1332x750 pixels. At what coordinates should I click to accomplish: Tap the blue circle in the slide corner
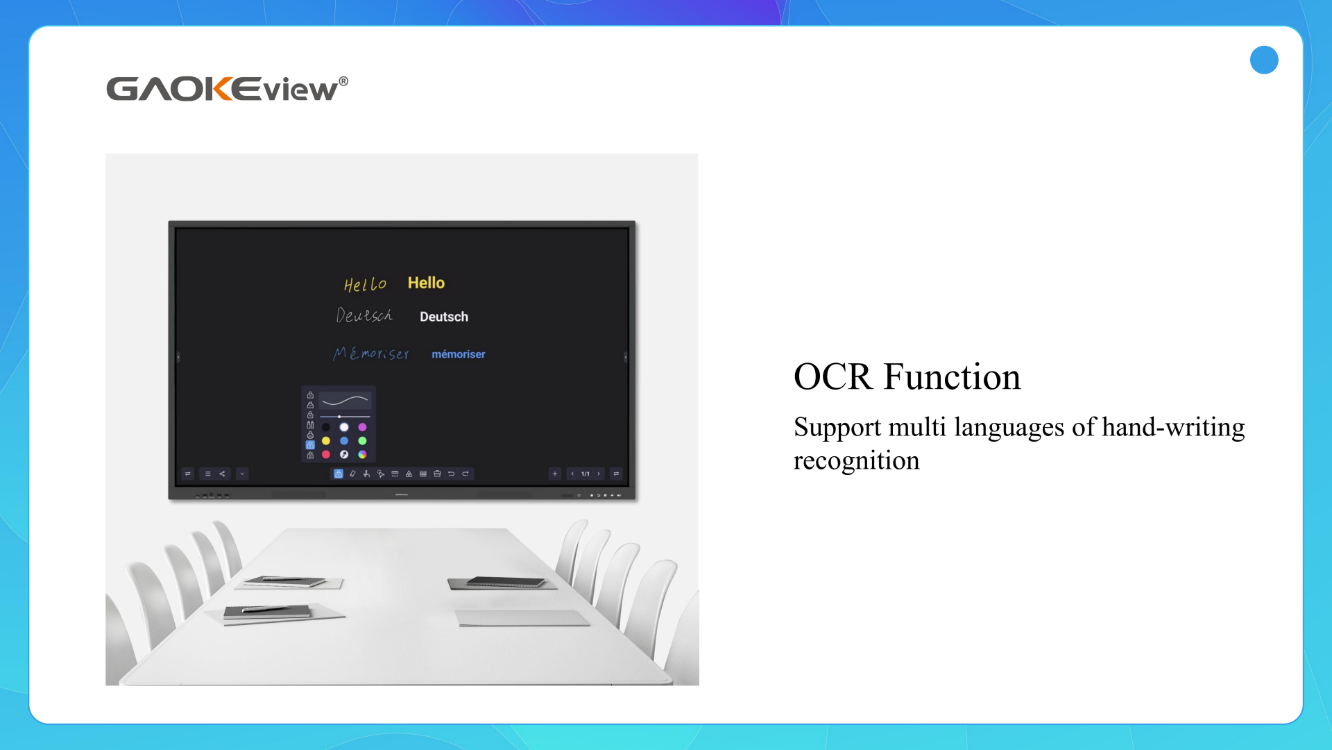click(1263, 60)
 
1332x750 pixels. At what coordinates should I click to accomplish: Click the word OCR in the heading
click(832, 377)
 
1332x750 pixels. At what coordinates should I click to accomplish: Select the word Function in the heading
click(952, 377)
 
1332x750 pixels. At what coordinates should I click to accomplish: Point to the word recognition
click(856, 461)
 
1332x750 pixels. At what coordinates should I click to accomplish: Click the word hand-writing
click(1173, 427)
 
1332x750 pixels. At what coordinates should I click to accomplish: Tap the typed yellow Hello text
click(426, 283)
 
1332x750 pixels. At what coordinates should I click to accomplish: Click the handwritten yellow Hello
click(365, 285)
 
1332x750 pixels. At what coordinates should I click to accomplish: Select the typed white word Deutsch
click(444, 317)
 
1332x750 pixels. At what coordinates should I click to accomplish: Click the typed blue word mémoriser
click(458, 354)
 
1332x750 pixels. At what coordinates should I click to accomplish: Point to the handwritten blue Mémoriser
click(371, 353)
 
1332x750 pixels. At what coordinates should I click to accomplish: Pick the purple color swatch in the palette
click(362, 427)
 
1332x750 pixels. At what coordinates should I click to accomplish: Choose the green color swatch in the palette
click(362, 441)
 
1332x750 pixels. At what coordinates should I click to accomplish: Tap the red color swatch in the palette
click(326, 454)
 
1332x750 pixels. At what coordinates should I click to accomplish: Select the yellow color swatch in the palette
click(326, 441)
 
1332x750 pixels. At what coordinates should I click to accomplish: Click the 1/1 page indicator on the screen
click(585, 474)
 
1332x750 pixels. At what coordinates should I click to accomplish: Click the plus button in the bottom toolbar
click(554, 474)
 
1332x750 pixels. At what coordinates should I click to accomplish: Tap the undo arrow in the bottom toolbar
click(451, 474)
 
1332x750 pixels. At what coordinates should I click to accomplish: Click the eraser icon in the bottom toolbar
click(352, 474)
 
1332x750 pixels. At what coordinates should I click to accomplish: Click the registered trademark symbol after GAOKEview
click(343, 81)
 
